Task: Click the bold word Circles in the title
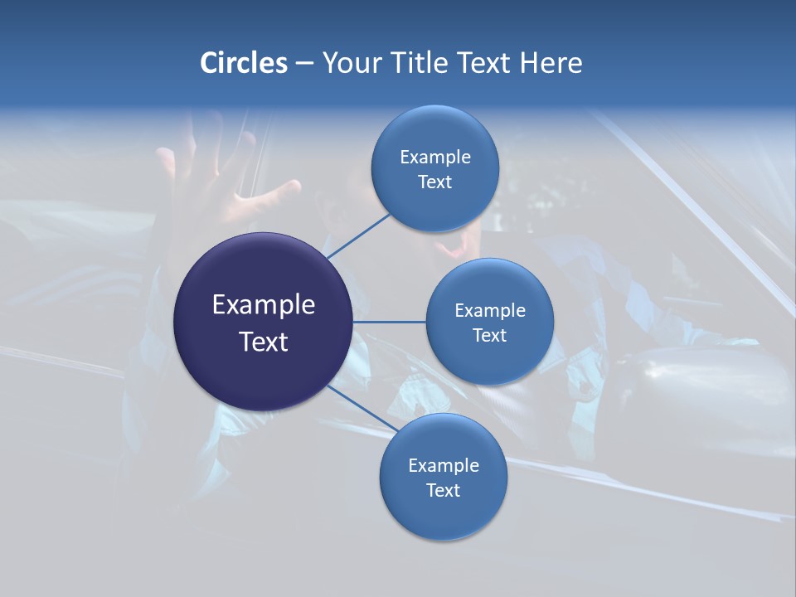pyautogui.click(x=244, y=63)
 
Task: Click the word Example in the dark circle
pyautogui.click(x=264, y=305)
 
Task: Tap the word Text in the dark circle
pyautogui.click(x=264, y=342)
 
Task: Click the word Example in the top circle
pyautogui.click(x=435, y=158)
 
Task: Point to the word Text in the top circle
pyautogui.click(x=435, y=182)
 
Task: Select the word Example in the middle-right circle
pyautogui.click(x=490, y=311)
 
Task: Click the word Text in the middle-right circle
pyautogui.click(x=490, y=336)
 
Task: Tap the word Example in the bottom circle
pyautogui.click(x=444, y=466)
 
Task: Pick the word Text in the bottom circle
pyautogui.click(x=444, y=491)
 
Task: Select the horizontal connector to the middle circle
pyautogui.click(x=389, y=322)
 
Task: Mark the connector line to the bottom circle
pyautogui.click(x=362, y=408)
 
